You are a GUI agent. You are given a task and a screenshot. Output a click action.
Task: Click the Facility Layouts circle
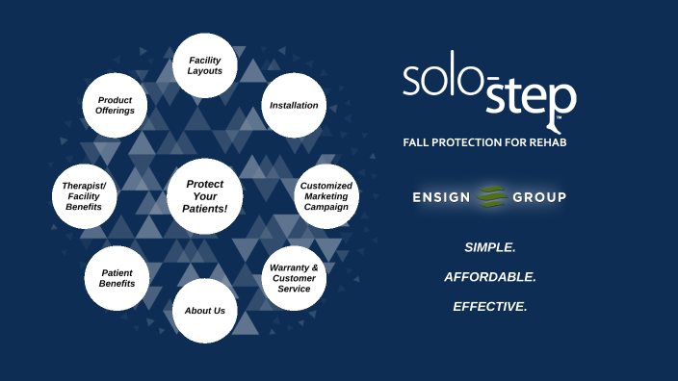205,65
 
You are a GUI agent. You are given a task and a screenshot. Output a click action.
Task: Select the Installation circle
294,105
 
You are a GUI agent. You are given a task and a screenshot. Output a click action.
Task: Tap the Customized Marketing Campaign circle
326,195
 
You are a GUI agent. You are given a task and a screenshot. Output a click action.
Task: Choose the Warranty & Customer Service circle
294,278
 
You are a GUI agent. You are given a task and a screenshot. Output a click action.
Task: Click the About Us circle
205,311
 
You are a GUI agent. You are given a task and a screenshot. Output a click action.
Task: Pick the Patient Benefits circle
117,278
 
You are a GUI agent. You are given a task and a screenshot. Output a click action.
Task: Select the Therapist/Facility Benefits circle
84,195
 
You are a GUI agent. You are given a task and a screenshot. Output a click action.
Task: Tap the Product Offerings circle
116,105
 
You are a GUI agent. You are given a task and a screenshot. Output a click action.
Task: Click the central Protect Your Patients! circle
205,196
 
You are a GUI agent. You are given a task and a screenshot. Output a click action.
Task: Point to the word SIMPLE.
490,247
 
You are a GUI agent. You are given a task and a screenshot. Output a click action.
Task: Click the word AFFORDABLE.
490,277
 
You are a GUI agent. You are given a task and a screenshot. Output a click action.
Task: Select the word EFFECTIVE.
490,307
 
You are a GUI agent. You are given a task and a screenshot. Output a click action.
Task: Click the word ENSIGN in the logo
441,197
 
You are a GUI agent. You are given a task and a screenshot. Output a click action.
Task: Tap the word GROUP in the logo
538,197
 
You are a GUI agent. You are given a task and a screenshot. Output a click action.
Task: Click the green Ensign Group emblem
492,196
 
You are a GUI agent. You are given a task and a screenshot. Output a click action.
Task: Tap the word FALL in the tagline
416,142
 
